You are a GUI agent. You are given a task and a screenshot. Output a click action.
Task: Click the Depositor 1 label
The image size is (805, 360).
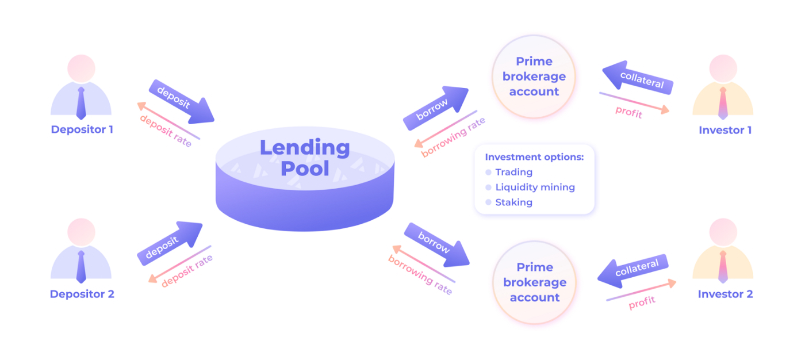pyautogui.click(x=82, y=129)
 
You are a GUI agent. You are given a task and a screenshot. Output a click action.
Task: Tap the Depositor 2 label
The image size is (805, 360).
pyautogui.click(x=82, y=294)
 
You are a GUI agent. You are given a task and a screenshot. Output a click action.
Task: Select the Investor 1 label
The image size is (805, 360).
pyautogui.click(x=725, y=130)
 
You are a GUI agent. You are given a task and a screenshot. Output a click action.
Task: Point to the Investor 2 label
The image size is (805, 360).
pyautogui.click(x=725, y=294)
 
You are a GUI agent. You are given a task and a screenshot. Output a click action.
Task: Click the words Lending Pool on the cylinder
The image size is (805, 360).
pyautogui.click(x=305, y=158)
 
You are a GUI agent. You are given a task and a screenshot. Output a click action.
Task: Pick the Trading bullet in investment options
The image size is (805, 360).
pyautogui.click(x=513, y=172)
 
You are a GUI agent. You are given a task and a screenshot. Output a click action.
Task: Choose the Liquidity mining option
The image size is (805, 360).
pyautogui.click(x=535, y=187)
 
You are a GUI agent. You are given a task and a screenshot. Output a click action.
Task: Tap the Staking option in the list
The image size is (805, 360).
pyautogui.click(x=513, y=202)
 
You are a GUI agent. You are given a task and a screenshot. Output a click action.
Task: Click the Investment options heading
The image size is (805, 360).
pyautogui.click(x=534, y=157)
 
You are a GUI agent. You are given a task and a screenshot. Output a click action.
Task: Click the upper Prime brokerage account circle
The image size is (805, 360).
pyautogui.click(x=534, y=76)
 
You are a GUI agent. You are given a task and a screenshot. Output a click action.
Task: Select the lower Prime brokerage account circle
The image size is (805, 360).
pyautogui.click(x=534, y=282)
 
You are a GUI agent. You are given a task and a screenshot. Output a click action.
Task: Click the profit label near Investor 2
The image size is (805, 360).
pyautogui.click(x=642, y=302)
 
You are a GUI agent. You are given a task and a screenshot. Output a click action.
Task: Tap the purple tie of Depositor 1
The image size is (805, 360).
pyautogui.click(x=81, y=103)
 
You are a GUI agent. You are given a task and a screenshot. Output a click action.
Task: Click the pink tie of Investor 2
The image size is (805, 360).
pyautogui.click(x=723, y=267)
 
